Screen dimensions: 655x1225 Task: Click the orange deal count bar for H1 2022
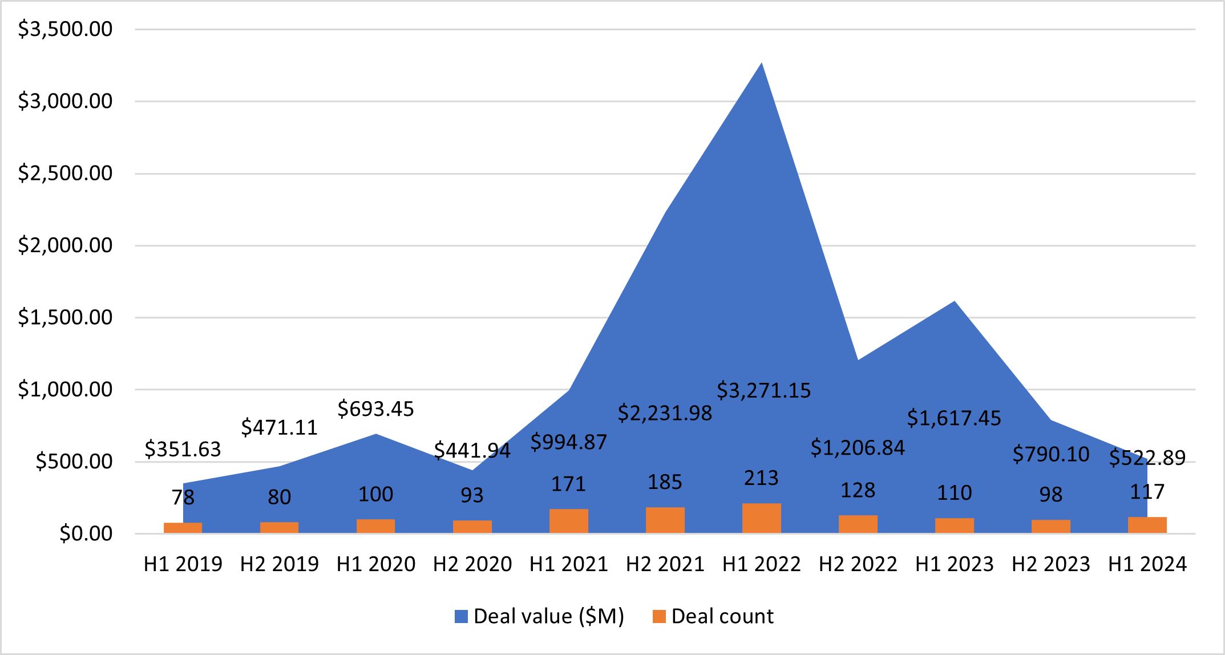coord(761,518)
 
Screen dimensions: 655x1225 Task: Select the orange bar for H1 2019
coord(183,528)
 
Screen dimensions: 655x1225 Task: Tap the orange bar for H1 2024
coord(1147,525)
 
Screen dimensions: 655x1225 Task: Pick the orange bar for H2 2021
coord(665,520)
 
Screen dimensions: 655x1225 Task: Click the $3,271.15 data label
coord(763,391)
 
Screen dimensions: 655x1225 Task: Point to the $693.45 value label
coord(375,409)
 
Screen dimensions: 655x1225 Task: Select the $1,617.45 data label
coord(954,419)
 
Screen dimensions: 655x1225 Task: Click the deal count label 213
coord(761,478)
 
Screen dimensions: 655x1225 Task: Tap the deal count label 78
coord(183,498)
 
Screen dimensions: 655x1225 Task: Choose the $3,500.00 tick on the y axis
coord(65,29)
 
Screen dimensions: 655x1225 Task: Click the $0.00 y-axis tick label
coord(86,534)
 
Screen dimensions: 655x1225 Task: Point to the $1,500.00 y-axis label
coord(65,318)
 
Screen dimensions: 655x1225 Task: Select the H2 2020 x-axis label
coord(472,564)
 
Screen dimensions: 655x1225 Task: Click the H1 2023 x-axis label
coord(954,564)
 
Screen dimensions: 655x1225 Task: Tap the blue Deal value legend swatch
coord(461,617)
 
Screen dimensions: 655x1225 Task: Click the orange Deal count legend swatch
coord(659,617)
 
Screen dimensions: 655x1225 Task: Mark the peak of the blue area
coord(761,63)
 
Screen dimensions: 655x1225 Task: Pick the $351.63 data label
coord(183,450)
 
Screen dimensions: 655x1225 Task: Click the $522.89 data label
coord(1147,458)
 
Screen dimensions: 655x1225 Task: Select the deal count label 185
coord(665,483)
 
